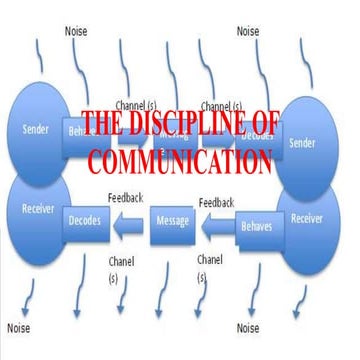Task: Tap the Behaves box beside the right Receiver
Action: point(256,227)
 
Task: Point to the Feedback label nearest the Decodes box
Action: point(129,196)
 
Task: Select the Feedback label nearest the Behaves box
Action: point(216,202)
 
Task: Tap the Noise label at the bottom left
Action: point(19,327)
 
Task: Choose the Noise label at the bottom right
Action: point(249,327)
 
